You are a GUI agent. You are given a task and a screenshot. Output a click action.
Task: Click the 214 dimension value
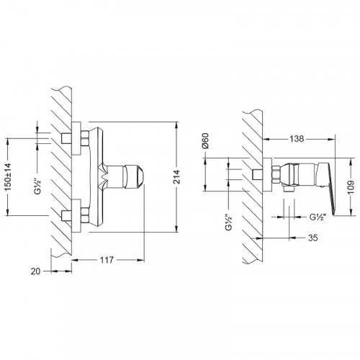coord(176,177)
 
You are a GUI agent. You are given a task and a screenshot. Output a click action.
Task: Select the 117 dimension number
coord(107,260)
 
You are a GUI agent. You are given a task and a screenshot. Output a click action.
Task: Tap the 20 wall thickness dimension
coord(35,271)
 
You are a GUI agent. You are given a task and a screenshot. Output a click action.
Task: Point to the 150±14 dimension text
coord(8,177)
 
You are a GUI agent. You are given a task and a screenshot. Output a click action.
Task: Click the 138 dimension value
coord(297,139)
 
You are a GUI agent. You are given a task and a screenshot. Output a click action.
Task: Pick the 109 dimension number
coord(351,187)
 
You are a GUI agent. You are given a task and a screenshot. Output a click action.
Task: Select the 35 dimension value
coord(313,238)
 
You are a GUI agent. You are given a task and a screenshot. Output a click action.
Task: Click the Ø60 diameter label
coord(206,141)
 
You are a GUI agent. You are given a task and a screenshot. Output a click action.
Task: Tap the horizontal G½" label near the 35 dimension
coord(318,217)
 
